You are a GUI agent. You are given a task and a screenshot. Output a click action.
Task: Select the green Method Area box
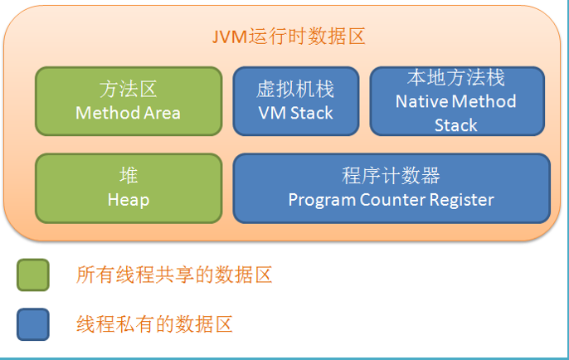[129, 100]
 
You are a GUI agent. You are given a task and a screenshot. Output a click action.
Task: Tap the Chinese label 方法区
[128, 90]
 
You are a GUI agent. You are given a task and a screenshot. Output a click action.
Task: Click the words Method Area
[128, 113]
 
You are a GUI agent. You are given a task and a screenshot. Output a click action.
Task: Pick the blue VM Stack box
[295, 100]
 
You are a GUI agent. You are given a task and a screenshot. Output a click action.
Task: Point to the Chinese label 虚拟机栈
[295, 90]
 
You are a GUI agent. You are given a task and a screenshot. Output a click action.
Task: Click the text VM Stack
[295, 113]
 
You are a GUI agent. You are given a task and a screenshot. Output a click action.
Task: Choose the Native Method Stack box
[456, 100]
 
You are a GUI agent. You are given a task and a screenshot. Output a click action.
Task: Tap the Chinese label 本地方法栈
[456, 78]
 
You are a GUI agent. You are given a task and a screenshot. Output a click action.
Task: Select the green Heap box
[129, 188]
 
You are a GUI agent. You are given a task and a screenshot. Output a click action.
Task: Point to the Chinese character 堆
[129, 177]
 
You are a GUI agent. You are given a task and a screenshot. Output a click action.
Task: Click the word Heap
[129, 200]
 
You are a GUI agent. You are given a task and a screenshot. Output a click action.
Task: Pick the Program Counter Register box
[391, 188]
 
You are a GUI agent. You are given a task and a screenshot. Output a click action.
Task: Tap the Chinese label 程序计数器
[391, 177]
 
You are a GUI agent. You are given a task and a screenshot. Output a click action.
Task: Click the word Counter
[393, 200]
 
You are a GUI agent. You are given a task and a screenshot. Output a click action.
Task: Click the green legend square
[33, 275]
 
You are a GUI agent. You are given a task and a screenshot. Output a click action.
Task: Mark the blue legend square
[33, 324]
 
